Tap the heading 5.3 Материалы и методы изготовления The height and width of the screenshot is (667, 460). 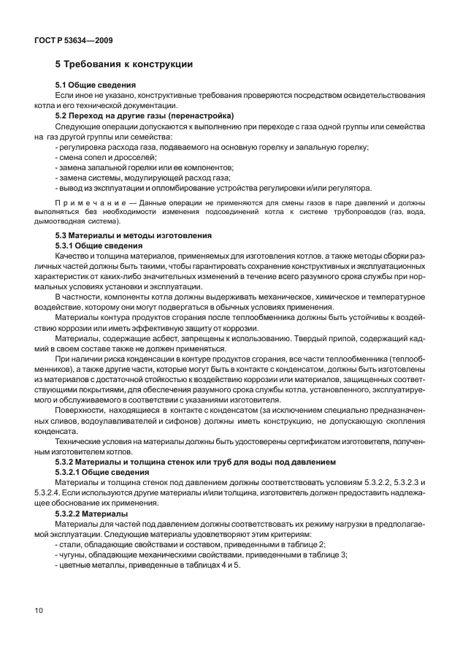click(x=134, y=236)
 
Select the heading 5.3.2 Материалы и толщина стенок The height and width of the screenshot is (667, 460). click(x=196, y=462)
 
